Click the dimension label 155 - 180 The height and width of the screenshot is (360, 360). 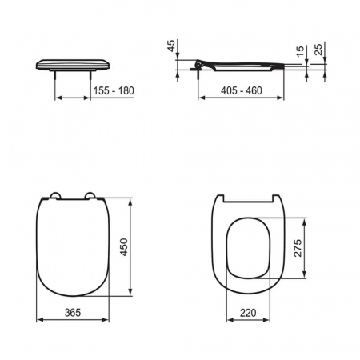(114, 91)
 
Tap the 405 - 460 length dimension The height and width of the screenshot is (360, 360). (242, 91)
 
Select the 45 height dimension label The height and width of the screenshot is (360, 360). (171, 46)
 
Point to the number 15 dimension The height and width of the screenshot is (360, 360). (300, 51)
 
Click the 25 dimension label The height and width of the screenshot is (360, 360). (318, 50)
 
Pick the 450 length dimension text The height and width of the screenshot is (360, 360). (124, 247)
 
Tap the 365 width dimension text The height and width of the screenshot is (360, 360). (73, 313)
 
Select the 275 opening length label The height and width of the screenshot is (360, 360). (298, 248)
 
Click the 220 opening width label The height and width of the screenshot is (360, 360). (248, 313)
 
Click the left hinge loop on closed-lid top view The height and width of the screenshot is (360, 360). (56, 194)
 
